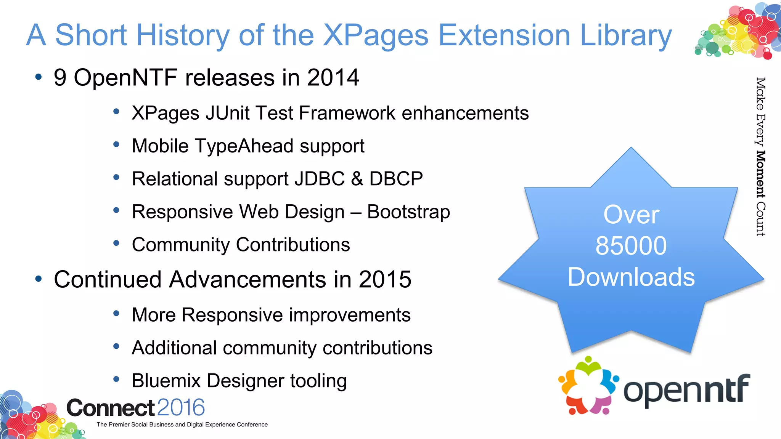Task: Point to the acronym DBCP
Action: click(x=396, y=179)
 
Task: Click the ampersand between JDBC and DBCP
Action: click(x=357, y=179)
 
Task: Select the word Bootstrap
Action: click(x=408, y=212)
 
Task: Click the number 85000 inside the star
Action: click(x=631, y=246)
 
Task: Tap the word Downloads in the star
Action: click(x=631, y=277)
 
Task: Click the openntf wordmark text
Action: click(x=686, y=390)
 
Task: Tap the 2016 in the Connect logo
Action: click(x=181, y=407)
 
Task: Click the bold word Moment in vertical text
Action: click(x=760, y=174)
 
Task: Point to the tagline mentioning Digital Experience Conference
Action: click(x=182, y=425)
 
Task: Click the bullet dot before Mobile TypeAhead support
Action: click(x=117, y=144)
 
